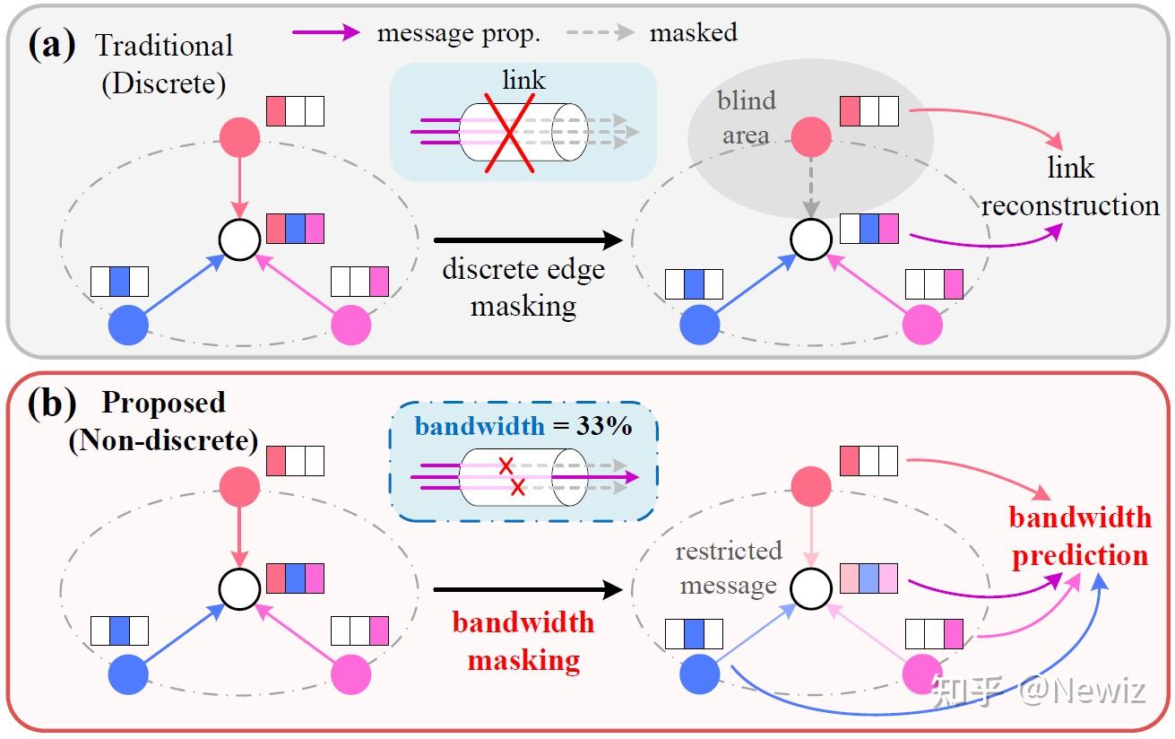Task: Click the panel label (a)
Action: point(52,43)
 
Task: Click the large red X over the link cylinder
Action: point(510,132)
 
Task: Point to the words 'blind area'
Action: point(746,117)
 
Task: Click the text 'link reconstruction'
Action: point(1070,187)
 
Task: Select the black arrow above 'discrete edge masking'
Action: point(527,240)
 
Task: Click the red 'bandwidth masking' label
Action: point(523,641)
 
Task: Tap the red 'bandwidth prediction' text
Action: point(1080,536)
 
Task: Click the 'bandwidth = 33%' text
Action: point(523,425)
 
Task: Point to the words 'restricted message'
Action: point(728,568)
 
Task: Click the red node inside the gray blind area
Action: point(811,135)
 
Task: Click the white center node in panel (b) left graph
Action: point(239,587)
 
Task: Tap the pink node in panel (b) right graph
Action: point(921,674)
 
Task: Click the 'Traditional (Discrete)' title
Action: point(164,64)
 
